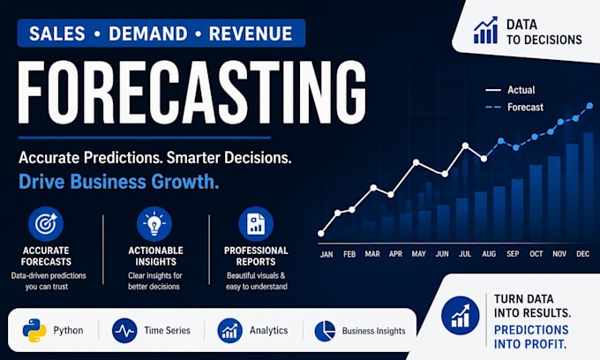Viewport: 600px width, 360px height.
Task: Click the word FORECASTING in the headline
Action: [x=192, y=93]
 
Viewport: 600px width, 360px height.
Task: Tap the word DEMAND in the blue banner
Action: [x=148, y=34]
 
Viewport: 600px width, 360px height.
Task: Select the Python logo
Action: [x=34, y=330]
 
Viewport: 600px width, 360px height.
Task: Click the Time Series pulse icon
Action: [x=124, y=331]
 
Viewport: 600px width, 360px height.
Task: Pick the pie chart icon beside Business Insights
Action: [x=325, y=331]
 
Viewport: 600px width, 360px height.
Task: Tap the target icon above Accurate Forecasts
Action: [x=46, y=224]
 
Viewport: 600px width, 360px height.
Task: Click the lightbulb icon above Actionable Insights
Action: [x=154, y=224]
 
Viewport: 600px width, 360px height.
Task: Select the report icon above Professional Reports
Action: [x=256, y=224]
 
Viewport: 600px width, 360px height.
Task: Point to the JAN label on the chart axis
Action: [x=326, y=254]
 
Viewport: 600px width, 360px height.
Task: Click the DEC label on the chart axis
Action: [x=582, y=253]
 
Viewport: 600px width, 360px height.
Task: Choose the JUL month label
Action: [x=465, y=253]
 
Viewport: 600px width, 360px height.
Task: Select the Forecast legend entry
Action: [x=514, y=107]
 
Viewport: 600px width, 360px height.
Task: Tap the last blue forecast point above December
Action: [x=589, y=106]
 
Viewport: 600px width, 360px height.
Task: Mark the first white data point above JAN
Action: [x=321, y=233]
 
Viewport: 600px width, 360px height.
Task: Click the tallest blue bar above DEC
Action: [x=589, y=187]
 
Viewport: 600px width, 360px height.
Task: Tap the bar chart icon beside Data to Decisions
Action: [x=485, y=30]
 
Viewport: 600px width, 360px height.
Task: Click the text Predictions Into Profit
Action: [x=531, y=337]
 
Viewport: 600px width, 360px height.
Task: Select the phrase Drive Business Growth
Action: [x=119, y=182]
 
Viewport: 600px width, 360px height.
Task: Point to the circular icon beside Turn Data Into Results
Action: [x=460, y=316]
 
